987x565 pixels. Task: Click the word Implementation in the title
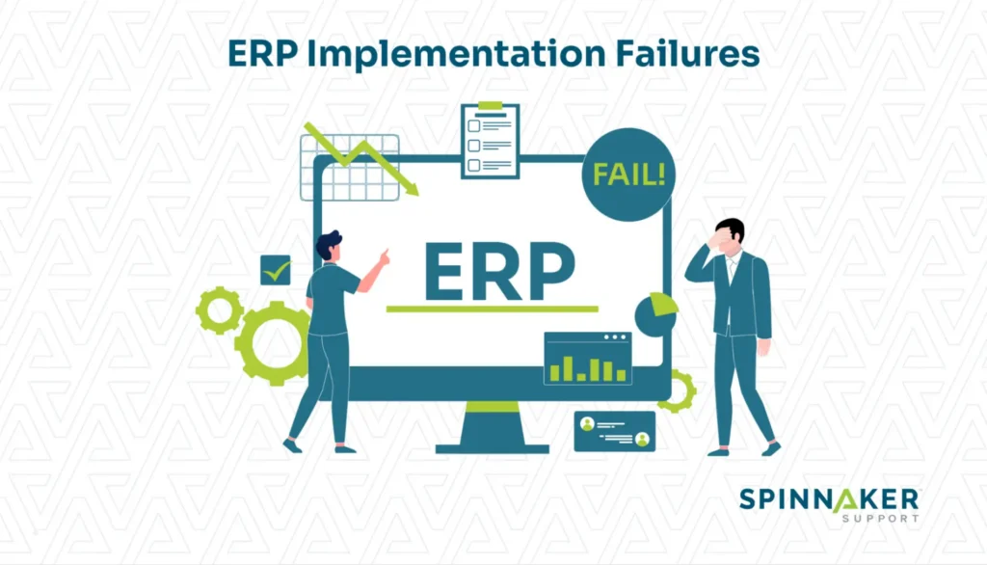(x=456, y=54)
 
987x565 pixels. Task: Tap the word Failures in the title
(x=687, y=53)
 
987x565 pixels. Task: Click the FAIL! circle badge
(x=628, y=175)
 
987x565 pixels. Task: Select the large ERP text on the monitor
(x=499, y=271)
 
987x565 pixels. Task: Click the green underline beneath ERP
(x=493, y=309)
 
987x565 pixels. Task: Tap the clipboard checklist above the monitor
(x=491, y=141)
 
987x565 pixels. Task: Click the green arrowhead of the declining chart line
(x=411, y=188)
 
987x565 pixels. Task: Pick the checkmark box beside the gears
(x=276, y=270)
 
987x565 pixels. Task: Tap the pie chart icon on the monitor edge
(x=656, y=313)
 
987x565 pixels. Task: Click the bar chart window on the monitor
(x=588, y=358)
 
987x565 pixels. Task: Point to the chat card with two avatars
(x=614, y=432)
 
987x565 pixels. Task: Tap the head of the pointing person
(x=330, y=246)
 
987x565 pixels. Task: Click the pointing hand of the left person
(x=383, y=256)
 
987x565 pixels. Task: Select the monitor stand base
(x=493, y=448)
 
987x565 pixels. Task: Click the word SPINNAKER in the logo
(x=829, y=500)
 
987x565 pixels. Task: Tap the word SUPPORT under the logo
(x=881, y=519)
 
